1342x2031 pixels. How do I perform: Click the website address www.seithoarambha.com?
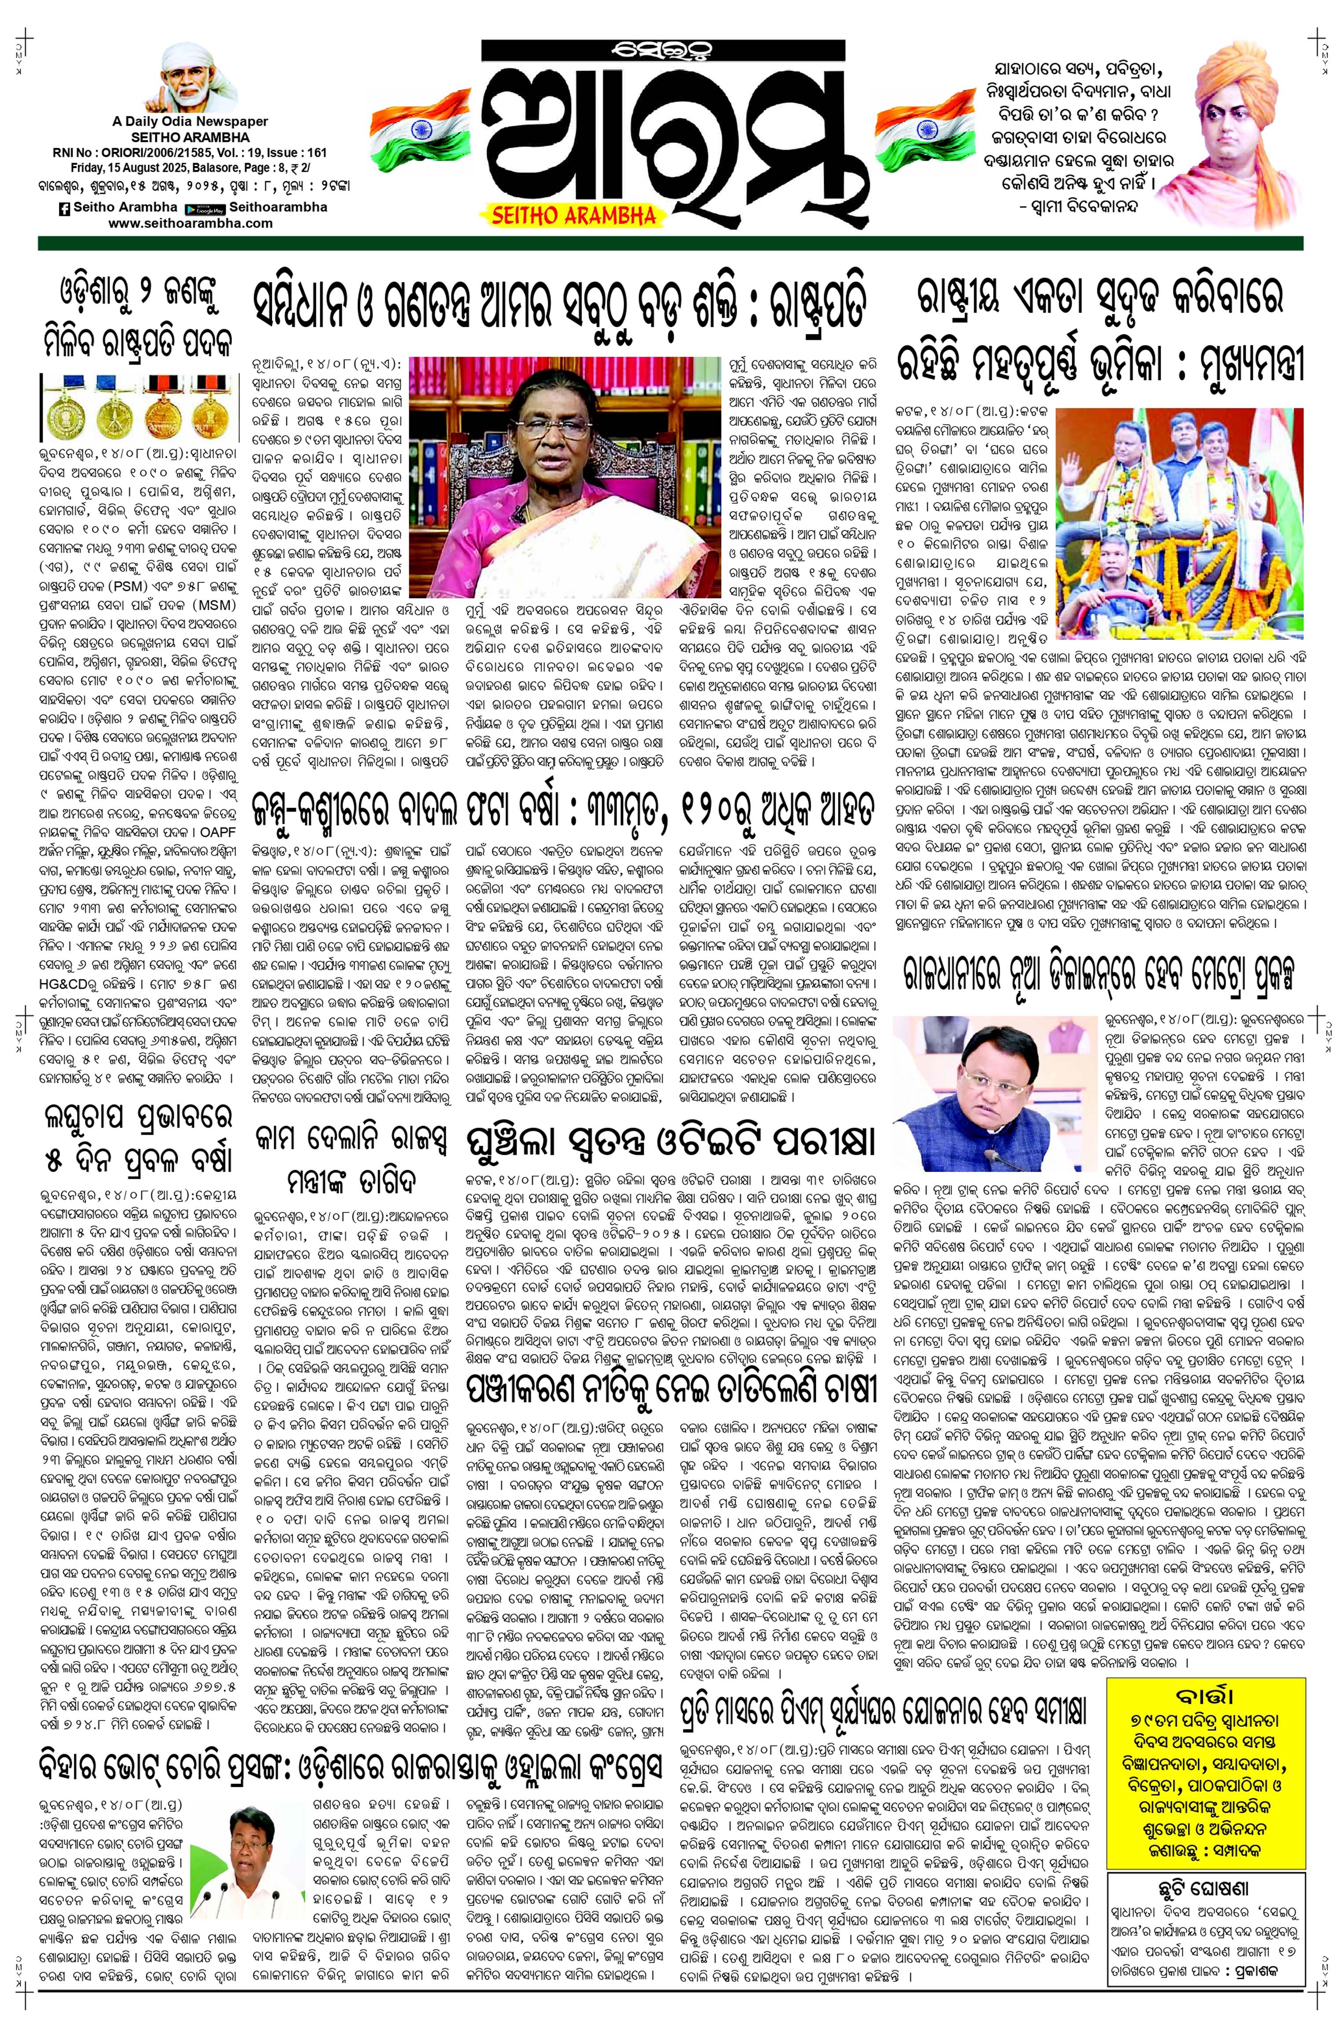coord(190,223)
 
